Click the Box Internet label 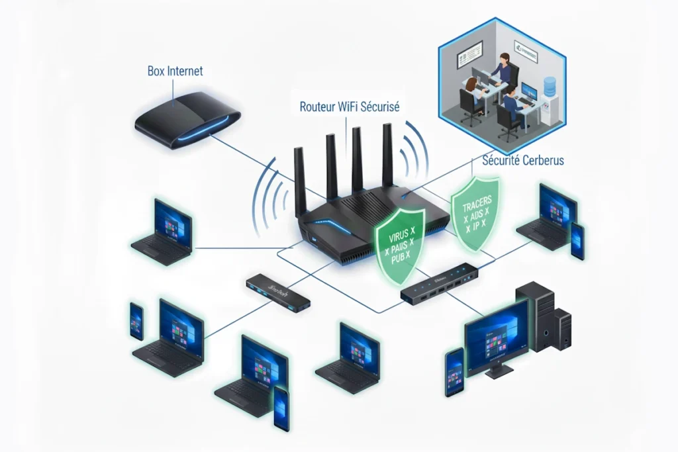click(175, 71)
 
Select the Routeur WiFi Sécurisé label click(349, 106)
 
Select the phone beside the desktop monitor click(454, 371)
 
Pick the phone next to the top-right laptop click(577, 241)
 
